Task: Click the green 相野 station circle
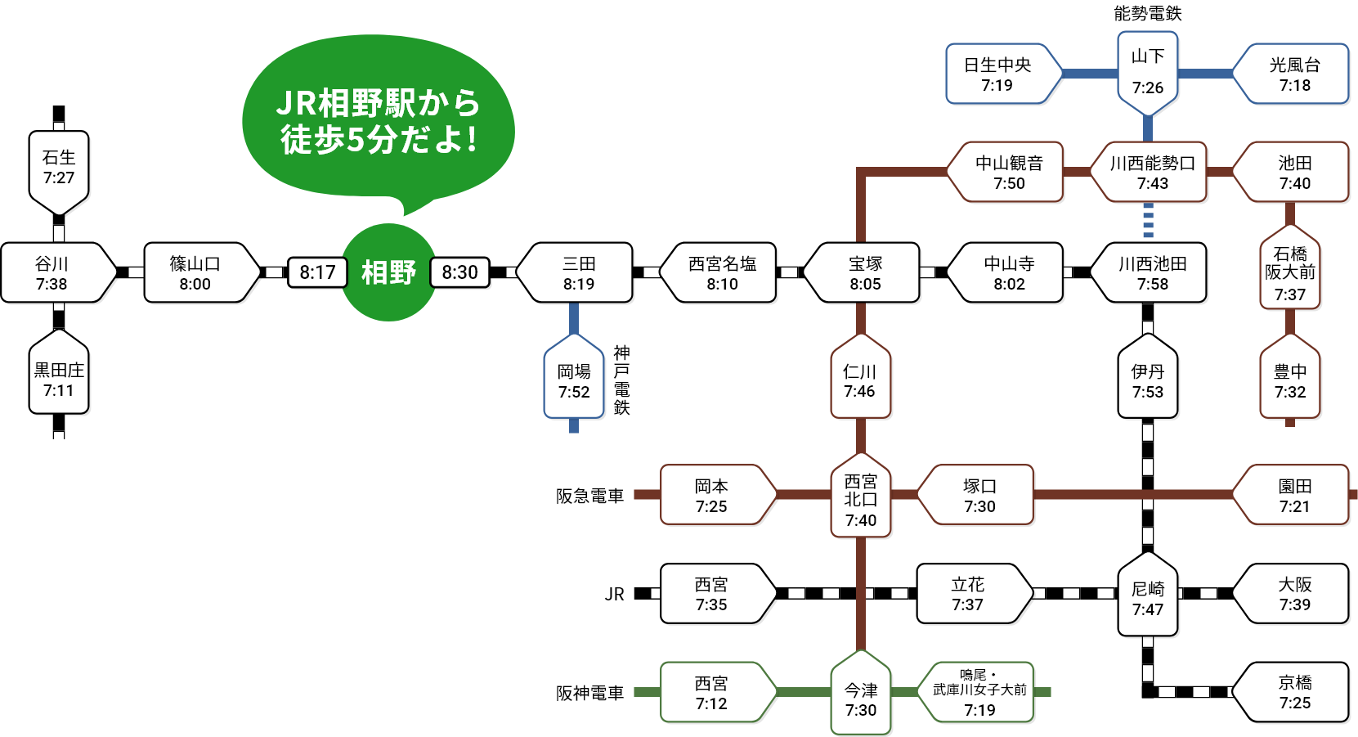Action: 388,272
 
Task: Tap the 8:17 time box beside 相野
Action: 317,272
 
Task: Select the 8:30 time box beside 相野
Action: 459,272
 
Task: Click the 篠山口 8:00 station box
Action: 195,273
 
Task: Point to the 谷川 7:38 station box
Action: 52,273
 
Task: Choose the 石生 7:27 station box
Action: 59,168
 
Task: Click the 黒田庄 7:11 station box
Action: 59,380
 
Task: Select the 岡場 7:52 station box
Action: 574,380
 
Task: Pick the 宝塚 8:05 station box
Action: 865,273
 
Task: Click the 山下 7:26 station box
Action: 1148,71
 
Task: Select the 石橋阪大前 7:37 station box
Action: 1290,273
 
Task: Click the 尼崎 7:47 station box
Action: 1148,598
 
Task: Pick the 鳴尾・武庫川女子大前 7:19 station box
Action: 979,692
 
